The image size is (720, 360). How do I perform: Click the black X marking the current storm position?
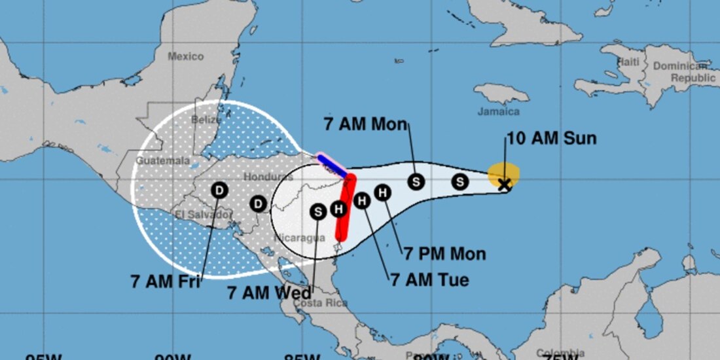[504, 185]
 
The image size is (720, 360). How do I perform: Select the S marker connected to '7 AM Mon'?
[416, 182]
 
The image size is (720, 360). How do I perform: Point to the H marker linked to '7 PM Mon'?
[383, 192]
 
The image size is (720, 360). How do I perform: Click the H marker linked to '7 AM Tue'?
[362, 201]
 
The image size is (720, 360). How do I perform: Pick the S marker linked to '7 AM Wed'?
[318, 211]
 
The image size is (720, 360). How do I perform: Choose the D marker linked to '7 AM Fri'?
[219, 190]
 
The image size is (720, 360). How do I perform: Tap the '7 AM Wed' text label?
[269, 293]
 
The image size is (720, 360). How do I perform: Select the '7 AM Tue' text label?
[429, 280]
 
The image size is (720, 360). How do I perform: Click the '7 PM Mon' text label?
[444, 254]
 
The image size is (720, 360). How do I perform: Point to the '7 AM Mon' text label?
[366, 124]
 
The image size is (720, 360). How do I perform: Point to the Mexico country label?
[185, 57]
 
